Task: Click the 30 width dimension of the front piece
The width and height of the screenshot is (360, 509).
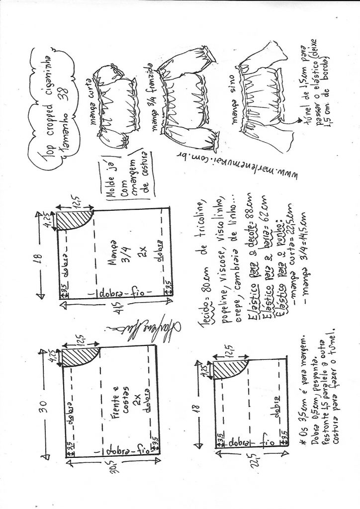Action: pyautogui.click(x=43, y=403)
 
